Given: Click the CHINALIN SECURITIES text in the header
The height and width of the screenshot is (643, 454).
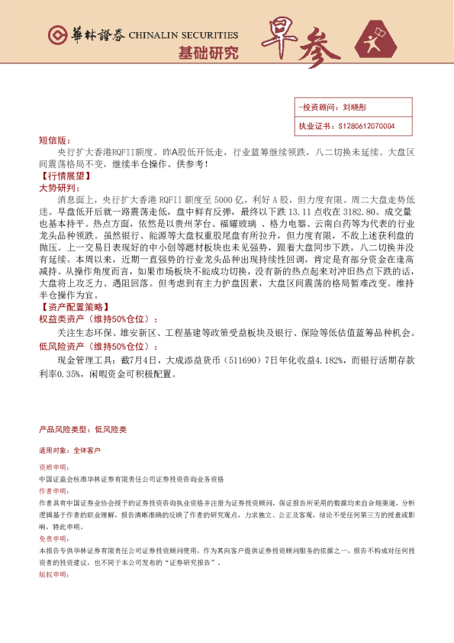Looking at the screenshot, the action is [x=183, y=34].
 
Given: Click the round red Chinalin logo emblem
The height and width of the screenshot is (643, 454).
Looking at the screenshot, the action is [x=56, y=35].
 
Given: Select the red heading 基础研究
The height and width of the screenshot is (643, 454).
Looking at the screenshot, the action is [x=208, y=53].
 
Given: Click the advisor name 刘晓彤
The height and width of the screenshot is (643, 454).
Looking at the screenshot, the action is [x=355, y=108].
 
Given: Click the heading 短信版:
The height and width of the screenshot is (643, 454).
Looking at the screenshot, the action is [x=53, y=141].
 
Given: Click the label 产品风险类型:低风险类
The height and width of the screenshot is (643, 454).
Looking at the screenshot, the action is [x=82, y=429].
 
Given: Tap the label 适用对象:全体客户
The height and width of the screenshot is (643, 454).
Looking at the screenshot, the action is [x=69, y=451].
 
